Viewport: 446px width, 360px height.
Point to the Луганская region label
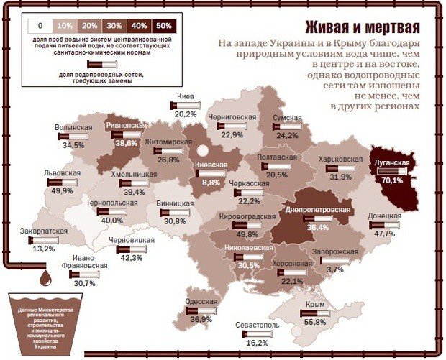[x=392, y=163]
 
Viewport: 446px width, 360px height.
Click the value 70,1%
[x=392, y=180]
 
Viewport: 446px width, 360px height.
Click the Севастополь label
[x=257, y=325]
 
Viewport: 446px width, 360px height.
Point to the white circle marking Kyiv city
[x=204, y=151]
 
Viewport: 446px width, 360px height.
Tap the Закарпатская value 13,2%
[x=43, y=249]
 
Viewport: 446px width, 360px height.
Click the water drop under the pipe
[x=45, y=276]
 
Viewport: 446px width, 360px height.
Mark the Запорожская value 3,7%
[x=334, y=269]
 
